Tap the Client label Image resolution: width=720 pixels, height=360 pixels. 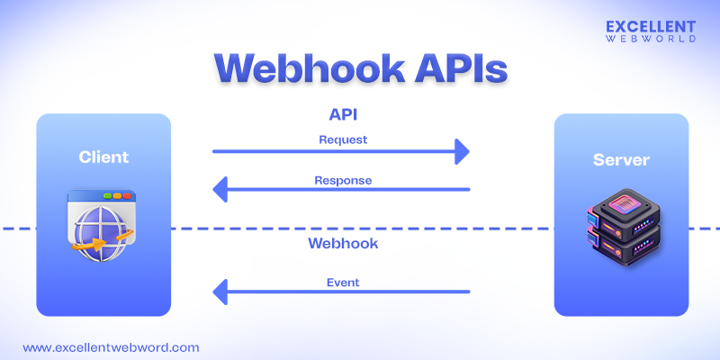[x=103, y=157]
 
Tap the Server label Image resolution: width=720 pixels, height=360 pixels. [x=621, y=161]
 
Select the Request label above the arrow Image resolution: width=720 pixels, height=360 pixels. [x=343, y=140]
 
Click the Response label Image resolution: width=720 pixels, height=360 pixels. [x=343, y=180]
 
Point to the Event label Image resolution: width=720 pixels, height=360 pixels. [x=343, y=283]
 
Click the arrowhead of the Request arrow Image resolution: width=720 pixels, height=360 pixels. [x=463, y=152]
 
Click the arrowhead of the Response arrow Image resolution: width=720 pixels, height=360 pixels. [x=219, y=190]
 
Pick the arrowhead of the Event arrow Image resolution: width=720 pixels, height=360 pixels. [x=219, y=292]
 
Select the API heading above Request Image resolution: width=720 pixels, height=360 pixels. [x=345, y=116]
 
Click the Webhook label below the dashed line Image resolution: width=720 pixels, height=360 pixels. [x=343, y=244]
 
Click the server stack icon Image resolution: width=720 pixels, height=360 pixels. [x=621, y=229]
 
